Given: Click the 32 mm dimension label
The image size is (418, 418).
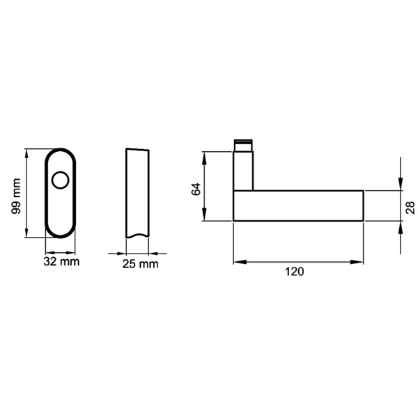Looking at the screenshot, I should [61, 263].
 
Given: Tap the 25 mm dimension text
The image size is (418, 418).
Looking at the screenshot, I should [139, 264].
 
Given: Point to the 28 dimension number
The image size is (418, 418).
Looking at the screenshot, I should [410, 206].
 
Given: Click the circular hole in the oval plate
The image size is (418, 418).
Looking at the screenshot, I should [61, 182].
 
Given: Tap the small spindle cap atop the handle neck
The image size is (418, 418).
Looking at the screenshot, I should [242, 145].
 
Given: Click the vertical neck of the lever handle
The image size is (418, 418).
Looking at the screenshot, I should [242, 171].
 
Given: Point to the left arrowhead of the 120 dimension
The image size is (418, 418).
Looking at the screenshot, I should [238, 262].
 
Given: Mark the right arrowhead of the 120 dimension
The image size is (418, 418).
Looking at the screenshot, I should [359, 262].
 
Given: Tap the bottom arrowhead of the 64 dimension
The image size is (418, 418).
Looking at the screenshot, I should [204, 217].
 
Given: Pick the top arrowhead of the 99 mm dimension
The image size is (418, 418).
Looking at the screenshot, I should [26, 153].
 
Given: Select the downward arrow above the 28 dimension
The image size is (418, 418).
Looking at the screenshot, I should [401, 183].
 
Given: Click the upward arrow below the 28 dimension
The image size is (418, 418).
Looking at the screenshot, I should [401, 227].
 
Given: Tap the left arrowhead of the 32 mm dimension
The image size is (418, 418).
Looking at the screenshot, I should [49, 252].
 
